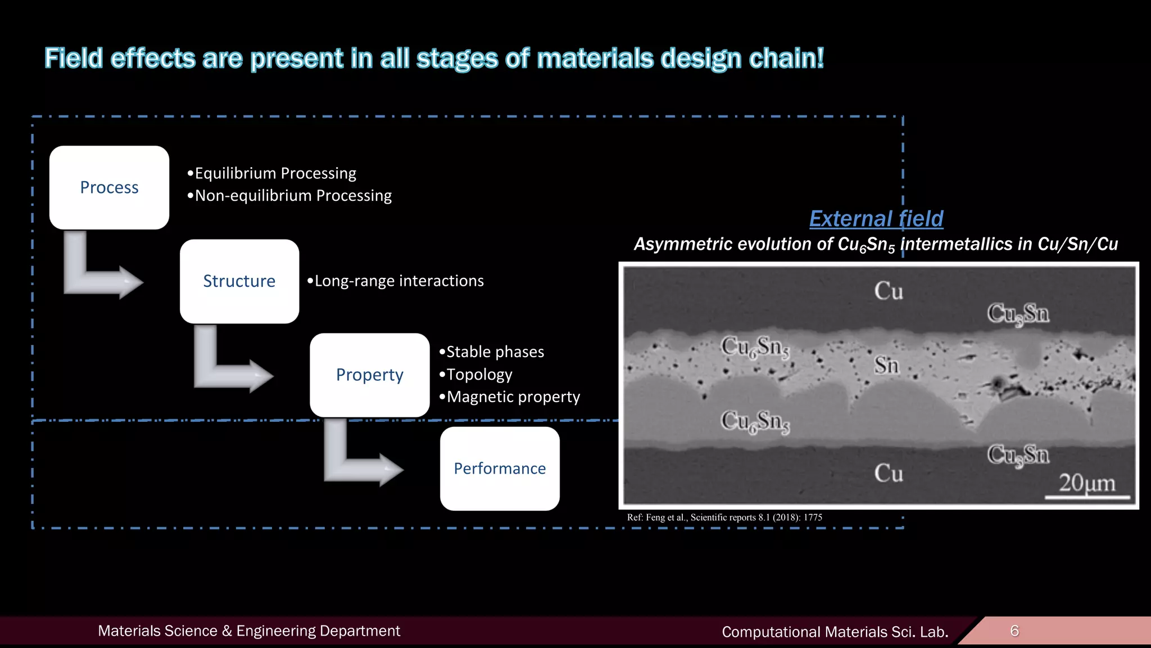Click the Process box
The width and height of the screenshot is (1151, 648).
tap(109, 187)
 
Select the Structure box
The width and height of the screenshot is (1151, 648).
tap(239, 281)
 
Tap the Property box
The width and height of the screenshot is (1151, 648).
tap(369, 375)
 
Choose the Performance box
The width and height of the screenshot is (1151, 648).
tap(500, 469)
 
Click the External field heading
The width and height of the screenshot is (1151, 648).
tap(876, 218)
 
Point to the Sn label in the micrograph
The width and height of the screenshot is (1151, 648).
tap(887, 366)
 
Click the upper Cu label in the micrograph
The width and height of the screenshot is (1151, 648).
tap(889, 291)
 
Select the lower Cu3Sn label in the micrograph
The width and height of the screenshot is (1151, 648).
tap(1018, 454)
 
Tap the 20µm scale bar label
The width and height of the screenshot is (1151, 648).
tap(1087, 483)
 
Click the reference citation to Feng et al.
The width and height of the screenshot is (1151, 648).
tap(724, 517)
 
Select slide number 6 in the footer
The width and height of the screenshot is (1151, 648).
tap(1014, 631)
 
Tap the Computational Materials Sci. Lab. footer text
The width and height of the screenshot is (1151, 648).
tap(835, 632)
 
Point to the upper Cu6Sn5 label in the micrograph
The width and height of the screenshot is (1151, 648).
tap(755, 347)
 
